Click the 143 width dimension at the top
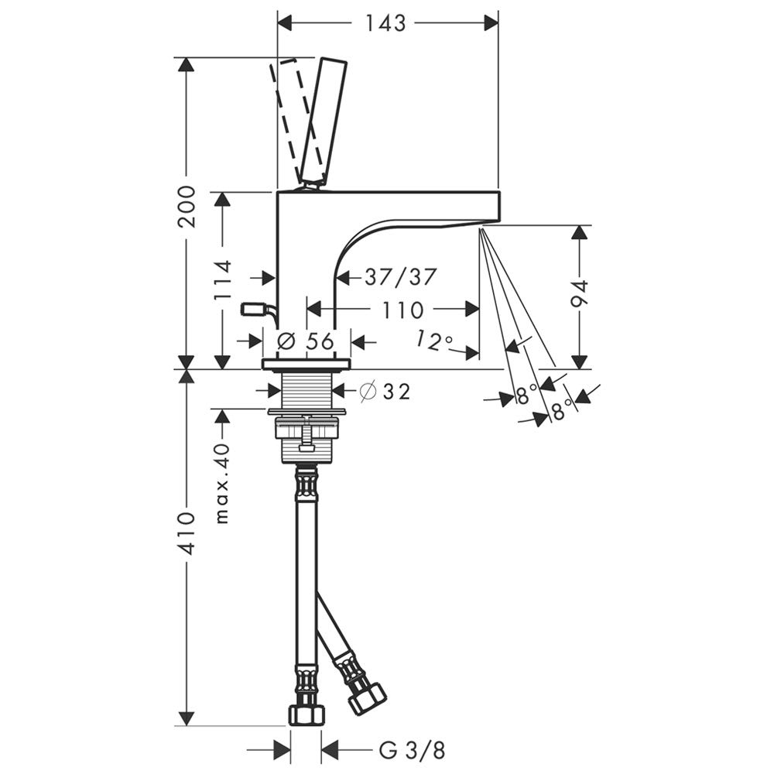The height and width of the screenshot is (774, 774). (x=385, y=22)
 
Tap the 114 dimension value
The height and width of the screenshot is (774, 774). (x=223, y=280)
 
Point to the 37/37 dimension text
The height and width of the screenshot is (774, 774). (x=401, y=277)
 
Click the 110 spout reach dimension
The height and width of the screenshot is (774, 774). (x=402, y=310)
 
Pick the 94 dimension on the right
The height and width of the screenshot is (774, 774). (x=580, y=293)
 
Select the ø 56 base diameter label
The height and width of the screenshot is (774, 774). (x=306, y=341)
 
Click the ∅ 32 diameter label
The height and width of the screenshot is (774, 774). (x=385, y=392)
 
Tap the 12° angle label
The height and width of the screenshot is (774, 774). (x=434, y=341)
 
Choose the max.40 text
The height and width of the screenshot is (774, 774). (x=223, y=483)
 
